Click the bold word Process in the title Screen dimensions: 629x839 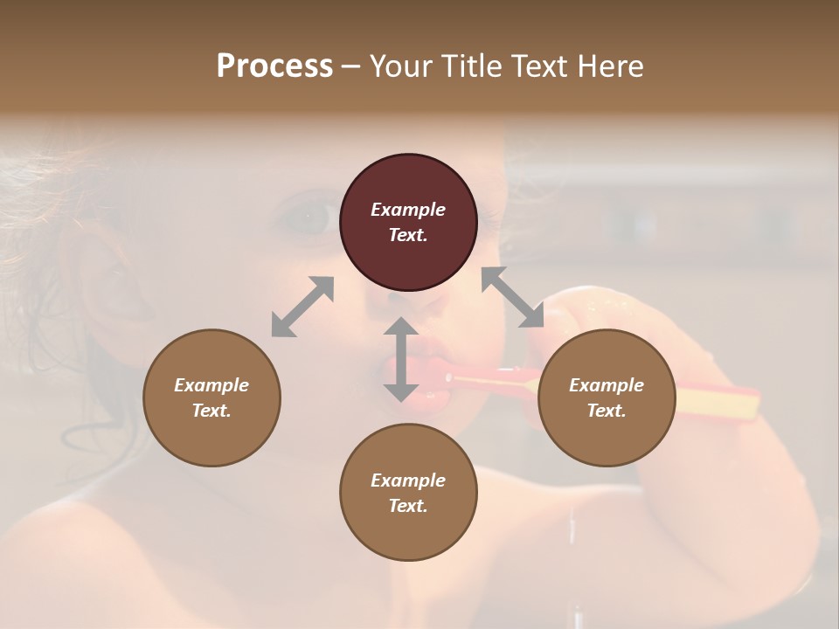pyautogui.click(x=274, y=66)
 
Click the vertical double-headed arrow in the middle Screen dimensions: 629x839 pyautogui.click(x=401, y=360)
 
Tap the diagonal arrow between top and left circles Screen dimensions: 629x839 pyautogui.click(x=302, y=307)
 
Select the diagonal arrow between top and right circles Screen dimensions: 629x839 pyautogui.click(x=513, y=298)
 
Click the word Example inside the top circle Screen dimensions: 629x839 pyautogui.click(x=408, y=210)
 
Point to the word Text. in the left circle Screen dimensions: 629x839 pyautogui.click(x=211, y=411)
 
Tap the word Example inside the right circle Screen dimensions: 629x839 pyautogui.click(x=607, y=385)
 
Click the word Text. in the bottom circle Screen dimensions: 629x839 pyautogui.click(x=408, y=506)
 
